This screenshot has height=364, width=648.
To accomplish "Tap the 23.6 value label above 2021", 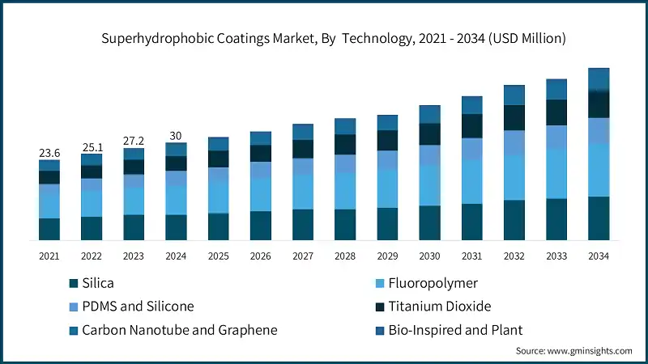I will click(x=49, y=152).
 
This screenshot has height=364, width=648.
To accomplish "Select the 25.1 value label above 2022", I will click(x=92, y=146).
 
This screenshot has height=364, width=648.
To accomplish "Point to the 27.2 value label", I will click(x=134, y=140).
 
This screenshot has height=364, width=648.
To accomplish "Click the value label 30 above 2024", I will click(x=176, y=135).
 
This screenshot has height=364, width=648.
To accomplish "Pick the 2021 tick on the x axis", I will click(x=49, y=256).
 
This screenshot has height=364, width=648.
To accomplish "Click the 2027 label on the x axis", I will click(x=303, y=256).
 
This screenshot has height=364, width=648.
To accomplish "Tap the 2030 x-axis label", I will click(x=429, y=256).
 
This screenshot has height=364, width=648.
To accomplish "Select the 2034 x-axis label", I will click(x=599, y=256).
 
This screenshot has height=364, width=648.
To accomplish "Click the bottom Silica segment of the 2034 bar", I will click(x=599, y=218).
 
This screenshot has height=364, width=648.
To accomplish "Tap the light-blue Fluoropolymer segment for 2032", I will click(x=514, y=177).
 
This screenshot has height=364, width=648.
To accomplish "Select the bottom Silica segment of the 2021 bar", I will click(x=49, y=229).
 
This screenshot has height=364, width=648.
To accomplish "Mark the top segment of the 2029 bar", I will click(x=387, y=122).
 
